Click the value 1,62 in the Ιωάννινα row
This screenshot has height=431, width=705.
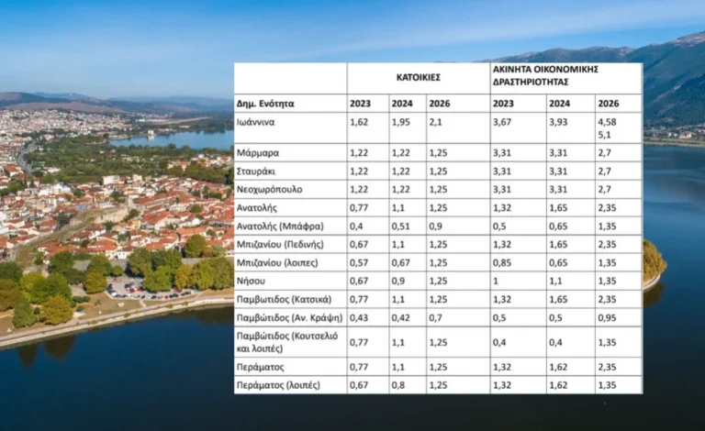tap(360, 120)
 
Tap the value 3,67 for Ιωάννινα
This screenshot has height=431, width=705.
tap(504, 120)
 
